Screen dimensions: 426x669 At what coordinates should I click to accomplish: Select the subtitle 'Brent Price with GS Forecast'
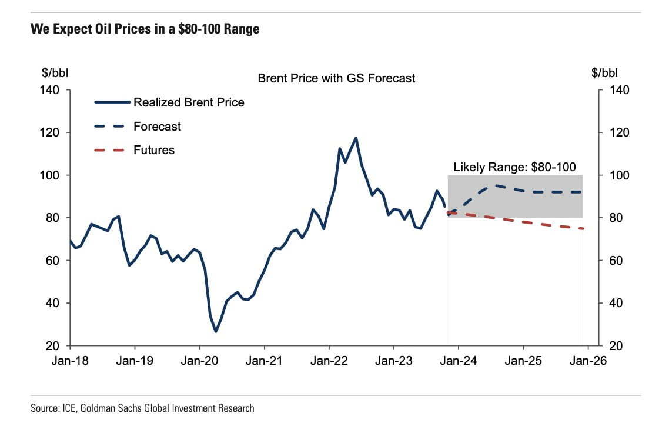[x=336, y=78]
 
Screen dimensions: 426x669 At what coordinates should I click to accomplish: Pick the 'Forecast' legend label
[x=157, y=127]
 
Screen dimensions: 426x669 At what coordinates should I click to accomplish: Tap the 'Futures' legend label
[x=154, y=150]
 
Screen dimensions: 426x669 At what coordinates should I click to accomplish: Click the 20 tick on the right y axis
[x=613, y=345]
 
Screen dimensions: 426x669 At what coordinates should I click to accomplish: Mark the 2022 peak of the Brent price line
[x=356, y=138]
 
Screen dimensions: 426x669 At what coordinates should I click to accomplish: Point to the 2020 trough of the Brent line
[x=216, y=332]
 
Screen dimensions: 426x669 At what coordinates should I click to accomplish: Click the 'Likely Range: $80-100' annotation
[x=514, y=167]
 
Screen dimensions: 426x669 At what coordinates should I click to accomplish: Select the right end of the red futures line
[x=583, y=228]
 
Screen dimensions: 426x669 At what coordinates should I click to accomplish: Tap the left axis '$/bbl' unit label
[x=54, y=74]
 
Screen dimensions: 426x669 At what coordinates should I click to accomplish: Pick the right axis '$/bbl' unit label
[x=605, y=74]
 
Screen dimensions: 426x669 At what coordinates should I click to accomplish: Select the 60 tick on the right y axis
[x=613, y=261]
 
